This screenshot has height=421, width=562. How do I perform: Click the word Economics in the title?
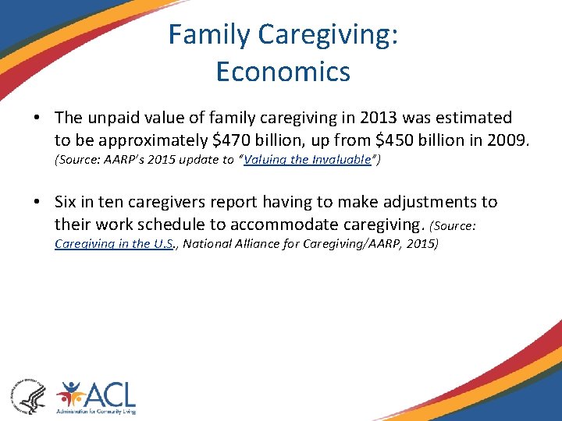pyautogui.click(x=283, y=72)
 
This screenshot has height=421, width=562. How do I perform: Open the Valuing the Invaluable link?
pyautogui.click(x=308, y=160)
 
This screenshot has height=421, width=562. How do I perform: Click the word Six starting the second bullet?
pyautogui.click(x=68, y=202)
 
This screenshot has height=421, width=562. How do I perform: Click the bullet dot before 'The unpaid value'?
pyautogui.click(x=37, y=119)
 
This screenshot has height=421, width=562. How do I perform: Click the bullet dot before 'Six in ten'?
pyautogui.click(x=37, y=203)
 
